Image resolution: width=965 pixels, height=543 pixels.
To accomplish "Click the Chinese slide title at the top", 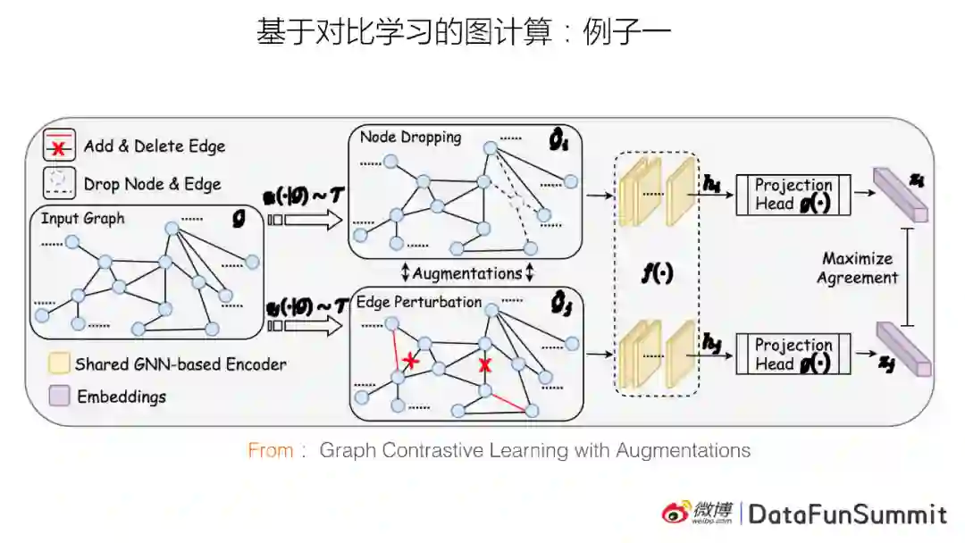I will point(464,33).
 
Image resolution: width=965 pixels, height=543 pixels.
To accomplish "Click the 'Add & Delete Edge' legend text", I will point(155,146).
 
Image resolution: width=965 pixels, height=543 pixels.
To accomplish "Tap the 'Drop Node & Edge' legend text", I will point(152,184).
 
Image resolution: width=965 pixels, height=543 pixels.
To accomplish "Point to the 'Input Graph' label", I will point(83,219).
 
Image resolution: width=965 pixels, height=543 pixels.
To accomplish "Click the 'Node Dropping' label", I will point(410,138).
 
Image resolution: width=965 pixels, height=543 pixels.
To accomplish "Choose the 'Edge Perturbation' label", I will point(419,302).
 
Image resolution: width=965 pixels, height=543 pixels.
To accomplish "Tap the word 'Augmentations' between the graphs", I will point(467,273).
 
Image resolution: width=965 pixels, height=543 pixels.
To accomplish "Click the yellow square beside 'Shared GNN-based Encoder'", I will point(60,363).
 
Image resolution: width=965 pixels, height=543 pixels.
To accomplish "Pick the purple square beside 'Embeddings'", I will point(60,396).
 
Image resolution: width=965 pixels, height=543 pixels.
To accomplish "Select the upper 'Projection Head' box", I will point(793,195).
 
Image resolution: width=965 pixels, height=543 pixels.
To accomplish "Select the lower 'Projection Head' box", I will point(793,355).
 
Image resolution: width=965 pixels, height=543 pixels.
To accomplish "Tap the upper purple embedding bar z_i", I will point(901,195).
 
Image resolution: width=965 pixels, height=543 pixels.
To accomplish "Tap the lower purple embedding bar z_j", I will point(902,349).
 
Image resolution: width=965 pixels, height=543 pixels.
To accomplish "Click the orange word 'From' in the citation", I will point(271,450).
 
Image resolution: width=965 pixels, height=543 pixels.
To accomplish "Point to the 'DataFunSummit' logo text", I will point(847,514).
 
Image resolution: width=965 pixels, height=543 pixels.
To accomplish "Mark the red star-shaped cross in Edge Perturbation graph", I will point(410,361).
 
